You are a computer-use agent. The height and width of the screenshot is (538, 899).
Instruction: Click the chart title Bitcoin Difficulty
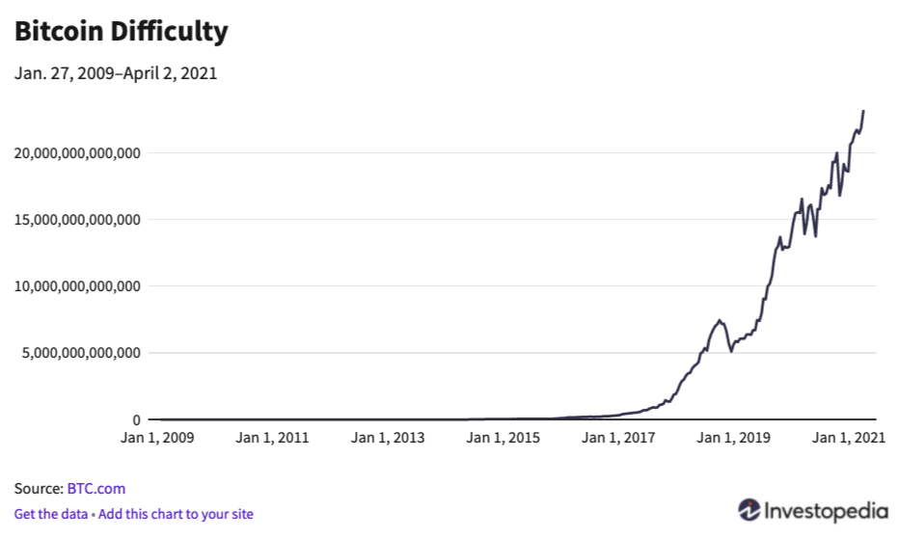[x=121, y=32]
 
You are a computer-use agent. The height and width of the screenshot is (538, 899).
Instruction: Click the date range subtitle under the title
[x=115, y=73]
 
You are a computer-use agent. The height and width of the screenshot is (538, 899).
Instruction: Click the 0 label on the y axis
[x=137, y=419]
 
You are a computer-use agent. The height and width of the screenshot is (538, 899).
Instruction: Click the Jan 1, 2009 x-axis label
[x=158, y=439]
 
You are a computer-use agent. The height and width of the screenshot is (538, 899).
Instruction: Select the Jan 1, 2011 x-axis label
[x=273, y=439]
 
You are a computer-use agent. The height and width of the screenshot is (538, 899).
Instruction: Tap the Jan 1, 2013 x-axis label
[x=388, y=439]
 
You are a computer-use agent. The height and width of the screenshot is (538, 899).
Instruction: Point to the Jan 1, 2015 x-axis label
[x=503, y=439]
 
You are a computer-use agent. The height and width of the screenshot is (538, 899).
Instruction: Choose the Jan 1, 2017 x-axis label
[x=617, y=439]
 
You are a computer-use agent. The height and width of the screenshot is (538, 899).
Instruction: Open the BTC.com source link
[x=96, y=489]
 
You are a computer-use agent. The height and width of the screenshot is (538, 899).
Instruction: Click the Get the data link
[x=50, y=514]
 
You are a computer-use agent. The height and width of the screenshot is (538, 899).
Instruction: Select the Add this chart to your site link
[x=176, y=514]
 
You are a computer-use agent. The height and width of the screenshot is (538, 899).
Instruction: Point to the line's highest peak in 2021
[x=863, y=111]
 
